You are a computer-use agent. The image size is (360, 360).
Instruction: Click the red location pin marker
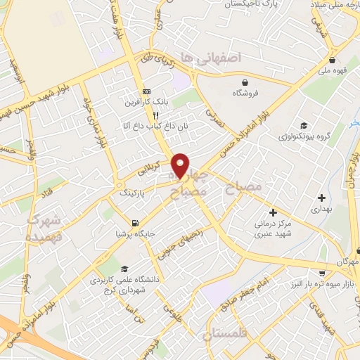(x=181, y=165)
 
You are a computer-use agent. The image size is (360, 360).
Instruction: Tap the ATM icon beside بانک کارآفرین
(x=146, y=91)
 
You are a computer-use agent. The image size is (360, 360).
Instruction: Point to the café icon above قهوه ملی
(x=330, y=59)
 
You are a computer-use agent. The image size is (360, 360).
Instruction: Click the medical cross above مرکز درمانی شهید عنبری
(x=273, y=212)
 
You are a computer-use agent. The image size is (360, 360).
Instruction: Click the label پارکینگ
(x=134, y=191)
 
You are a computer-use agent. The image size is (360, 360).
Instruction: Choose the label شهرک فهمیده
(x=44, y=229)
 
